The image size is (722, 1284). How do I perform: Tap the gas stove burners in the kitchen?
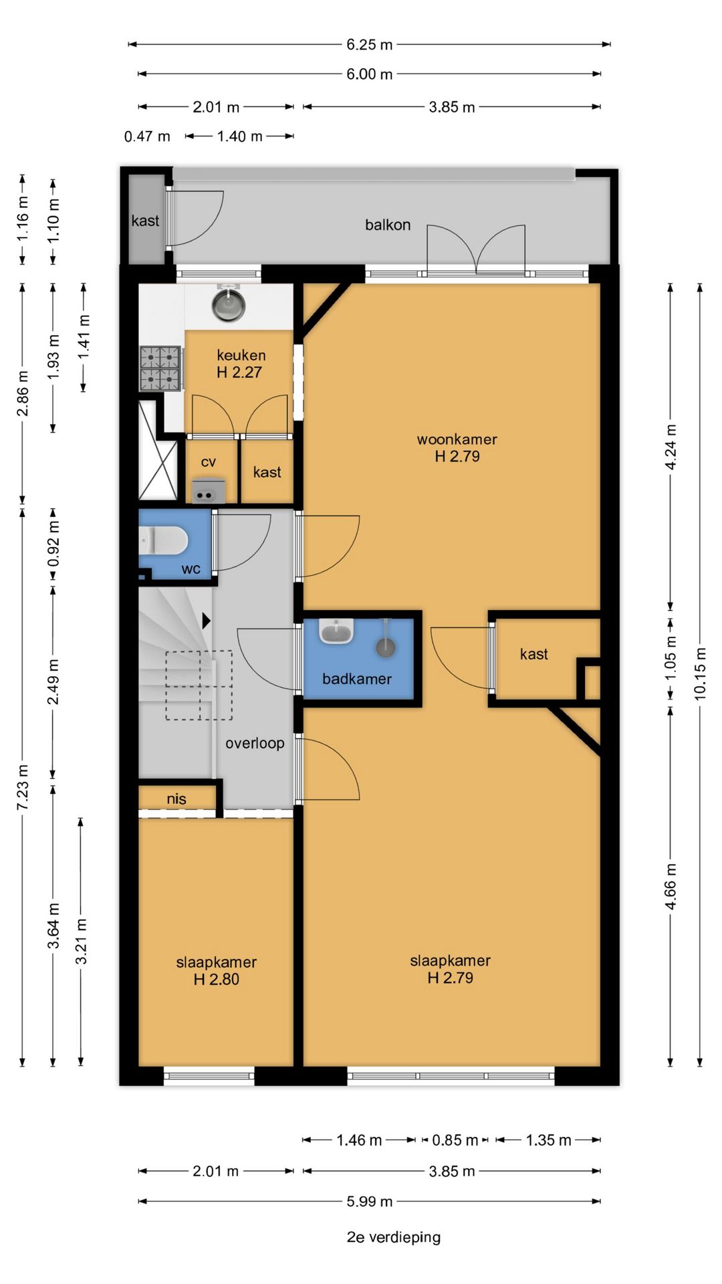tap(160, 368)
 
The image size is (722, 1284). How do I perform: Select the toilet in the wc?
tap(163, 540)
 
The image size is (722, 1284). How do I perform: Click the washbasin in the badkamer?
tap(336, 631)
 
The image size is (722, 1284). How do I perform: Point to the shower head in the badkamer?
tap(385, 645)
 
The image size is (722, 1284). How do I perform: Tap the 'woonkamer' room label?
tap(457, 439)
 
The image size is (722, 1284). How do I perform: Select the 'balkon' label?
tap(388, 225)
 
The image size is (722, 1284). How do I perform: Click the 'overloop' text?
tap(255, 743)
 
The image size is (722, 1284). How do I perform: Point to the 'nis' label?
tap(176, 798)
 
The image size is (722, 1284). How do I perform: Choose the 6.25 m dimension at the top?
tap(369, 45)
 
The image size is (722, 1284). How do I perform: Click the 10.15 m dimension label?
tap(700, 673)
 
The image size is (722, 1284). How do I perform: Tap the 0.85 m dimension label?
tap(455, 1140)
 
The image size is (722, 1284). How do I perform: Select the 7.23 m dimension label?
tap(23, 787)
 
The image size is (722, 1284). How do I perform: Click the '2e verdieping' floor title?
tap(394, 1237)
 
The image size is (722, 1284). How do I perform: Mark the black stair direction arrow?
tap(207, 621)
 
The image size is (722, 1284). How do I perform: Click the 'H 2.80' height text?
tap(217, 979)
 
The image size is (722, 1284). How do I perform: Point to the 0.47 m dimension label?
tap(147, 136)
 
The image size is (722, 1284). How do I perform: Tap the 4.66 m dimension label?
tap(671, 886)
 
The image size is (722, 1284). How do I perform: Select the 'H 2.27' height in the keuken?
tap(239, 372)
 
